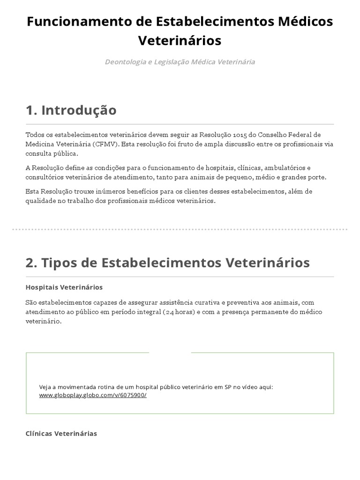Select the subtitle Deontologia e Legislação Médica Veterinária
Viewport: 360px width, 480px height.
point(180,62)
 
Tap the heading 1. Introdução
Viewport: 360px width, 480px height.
point(71,110)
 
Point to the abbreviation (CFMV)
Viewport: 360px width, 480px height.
point(106,144)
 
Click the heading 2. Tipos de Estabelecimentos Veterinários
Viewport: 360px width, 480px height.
point(167,262)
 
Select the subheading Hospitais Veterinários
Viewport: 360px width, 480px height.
point(64,287)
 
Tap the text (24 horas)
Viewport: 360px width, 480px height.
point(179,312)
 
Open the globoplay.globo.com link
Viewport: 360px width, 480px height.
point(93,395)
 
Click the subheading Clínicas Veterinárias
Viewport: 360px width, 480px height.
point(61,434)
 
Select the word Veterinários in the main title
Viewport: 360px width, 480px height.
point(180,41)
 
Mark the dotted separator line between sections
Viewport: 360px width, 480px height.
point(180,230)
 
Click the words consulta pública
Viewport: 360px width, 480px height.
point(52,153)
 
